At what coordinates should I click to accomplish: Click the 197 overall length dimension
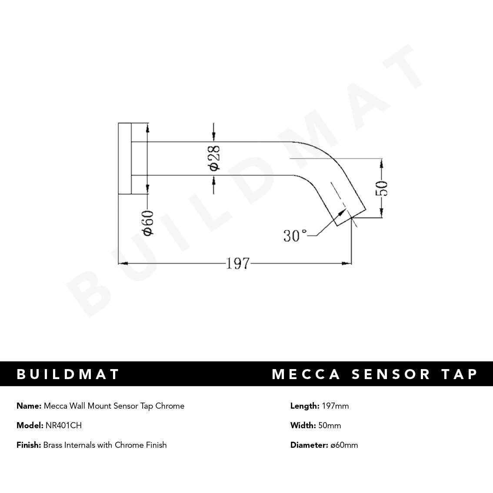[238, 263]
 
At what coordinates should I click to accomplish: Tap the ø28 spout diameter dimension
[214, 158]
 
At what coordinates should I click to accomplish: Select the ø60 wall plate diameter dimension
[148, 223]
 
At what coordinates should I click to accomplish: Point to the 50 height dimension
[382, 188]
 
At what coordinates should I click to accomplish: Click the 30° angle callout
[295, 236]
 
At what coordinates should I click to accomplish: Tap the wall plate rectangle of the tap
[125, 158]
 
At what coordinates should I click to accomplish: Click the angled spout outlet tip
[350, 215]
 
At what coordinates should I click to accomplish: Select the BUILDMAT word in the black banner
[68, 374]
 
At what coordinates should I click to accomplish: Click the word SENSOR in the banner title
[391, 374]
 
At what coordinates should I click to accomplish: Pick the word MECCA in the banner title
[306, 374]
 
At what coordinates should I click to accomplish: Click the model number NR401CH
[63, 426]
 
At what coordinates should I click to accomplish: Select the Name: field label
[29, 406]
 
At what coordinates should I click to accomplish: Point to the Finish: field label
[29, 445]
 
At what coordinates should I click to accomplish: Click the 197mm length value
[335, 406]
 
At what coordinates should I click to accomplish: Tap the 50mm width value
[330, 426]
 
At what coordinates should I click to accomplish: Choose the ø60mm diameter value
[344, 445]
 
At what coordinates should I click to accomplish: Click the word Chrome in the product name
[170, 406]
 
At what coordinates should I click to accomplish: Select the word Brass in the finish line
[53, 445]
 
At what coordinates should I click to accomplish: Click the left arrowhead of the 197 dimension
[122, 263]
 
